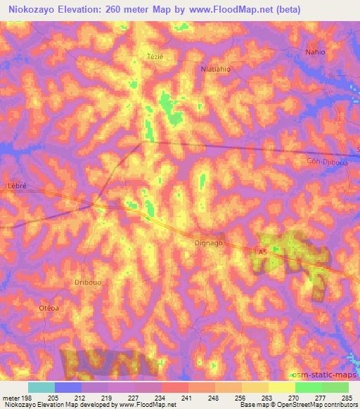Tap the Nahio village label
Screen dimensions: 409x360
pyautogui.click(x=316, y=52)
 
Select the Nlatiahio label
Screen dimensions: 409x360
pyautogui.click(x=216, y=70)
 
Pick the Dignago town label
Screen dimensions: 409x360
pyautogui.click(x=209, y=244)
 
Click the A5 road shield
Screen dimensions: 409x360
pyautogui.click(x=262, y=251)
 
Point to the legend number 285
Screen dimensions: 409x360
pyautogui.click(x=346, y=398)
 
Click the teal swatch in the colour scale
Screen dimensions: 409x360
pyautogui.click(x=41, y=387)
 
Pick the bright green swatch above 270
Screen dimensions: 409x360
pyautogui.click(x=309, y=387)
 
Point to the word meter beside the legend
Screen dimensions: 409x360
pyautogui.click(x=13, y=398)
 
